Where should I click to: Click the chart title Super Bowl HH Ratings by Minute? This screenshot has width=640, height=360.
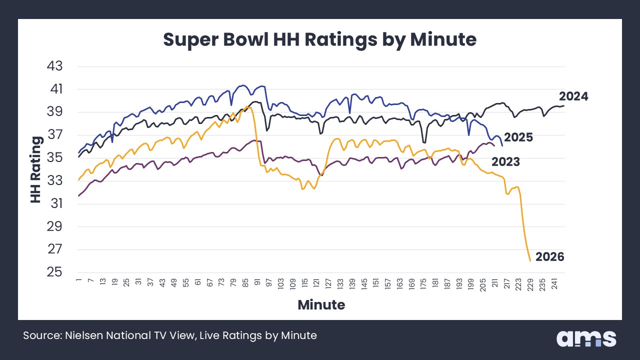(320, 39)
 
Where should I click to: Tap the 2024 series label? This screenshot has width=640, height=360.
(573, 96)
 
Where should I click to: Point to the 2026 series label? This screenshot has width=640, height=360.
(549, 257)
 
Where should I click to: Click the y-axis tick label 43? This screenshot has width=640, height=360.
(56, 66)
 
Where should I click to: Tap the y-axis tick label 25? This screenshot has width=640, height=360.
(56, 272)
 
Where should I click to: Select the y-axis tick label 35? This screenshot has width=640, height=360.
(56, 158)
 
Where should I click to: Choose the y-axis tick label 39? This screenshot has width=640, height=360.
(56, 112)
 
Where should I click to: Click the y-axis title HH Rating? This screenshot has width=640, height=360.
(35, 169)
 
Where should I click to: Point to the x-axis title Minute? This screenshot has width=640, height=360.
(321, 304)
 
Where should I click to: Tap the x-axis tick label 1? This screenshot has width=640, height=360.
(79, 282)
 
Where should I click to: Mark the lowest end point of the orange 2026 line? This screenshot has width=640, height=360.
(530, 260)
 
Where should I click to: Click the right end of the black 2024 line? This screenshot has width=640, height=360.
(564, 105)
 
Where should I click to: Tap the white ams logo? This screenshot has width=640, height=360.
(586, 338)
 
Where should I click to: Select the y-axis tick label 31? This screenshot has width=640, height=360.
(56, 204)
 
